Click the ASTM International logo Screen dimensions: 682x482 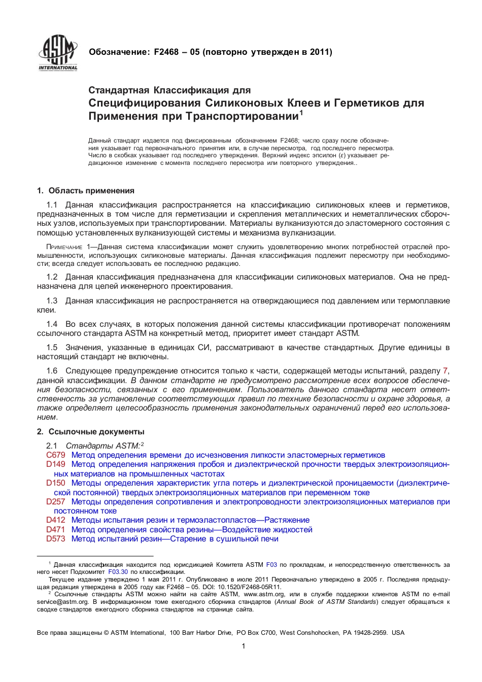tap(58, 53)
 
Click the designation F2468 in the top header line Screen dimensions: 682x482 tap(166, 52)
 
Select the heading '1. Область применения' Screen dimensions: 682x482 tap(85, 191)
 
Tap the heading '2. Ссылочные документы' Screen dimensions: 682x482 tap(90, 432)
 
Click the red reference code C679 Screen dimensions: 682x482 tap(56, 455)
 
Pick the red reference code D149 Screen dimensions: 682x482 tap(56, 464)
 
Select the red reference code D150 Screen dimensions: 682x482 tap(56, 483)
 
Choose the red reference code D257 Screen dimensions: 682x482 tap(56, 502)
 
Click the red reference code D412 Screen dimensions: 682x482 tap(56, 520)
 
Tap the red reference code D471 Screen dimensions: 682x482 tap(56, 530)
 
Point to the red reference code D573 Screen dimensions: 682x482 tap(56, 539)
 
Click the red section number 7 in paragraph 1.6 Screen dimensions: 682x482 tap(445, 371)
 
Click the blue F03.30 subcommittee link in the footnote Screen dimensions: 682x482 tap(118, 572)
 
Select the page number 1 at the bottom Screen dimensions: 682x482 tap(244, 646)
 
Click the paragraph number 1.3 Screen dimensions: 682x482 tap(52, 301)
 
